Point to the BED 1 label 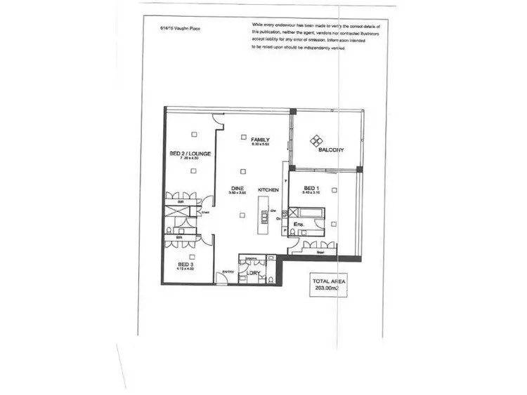(x=311, y=189)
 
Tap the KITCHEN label (x=268, y=190)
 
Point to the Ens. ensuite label (x=298, y=225)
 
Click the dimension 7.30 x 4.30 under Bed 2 (x=189, y=159)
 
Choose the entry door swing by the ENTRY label (x=221, y=280)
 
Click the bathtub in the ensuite (x=310, y=211)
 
